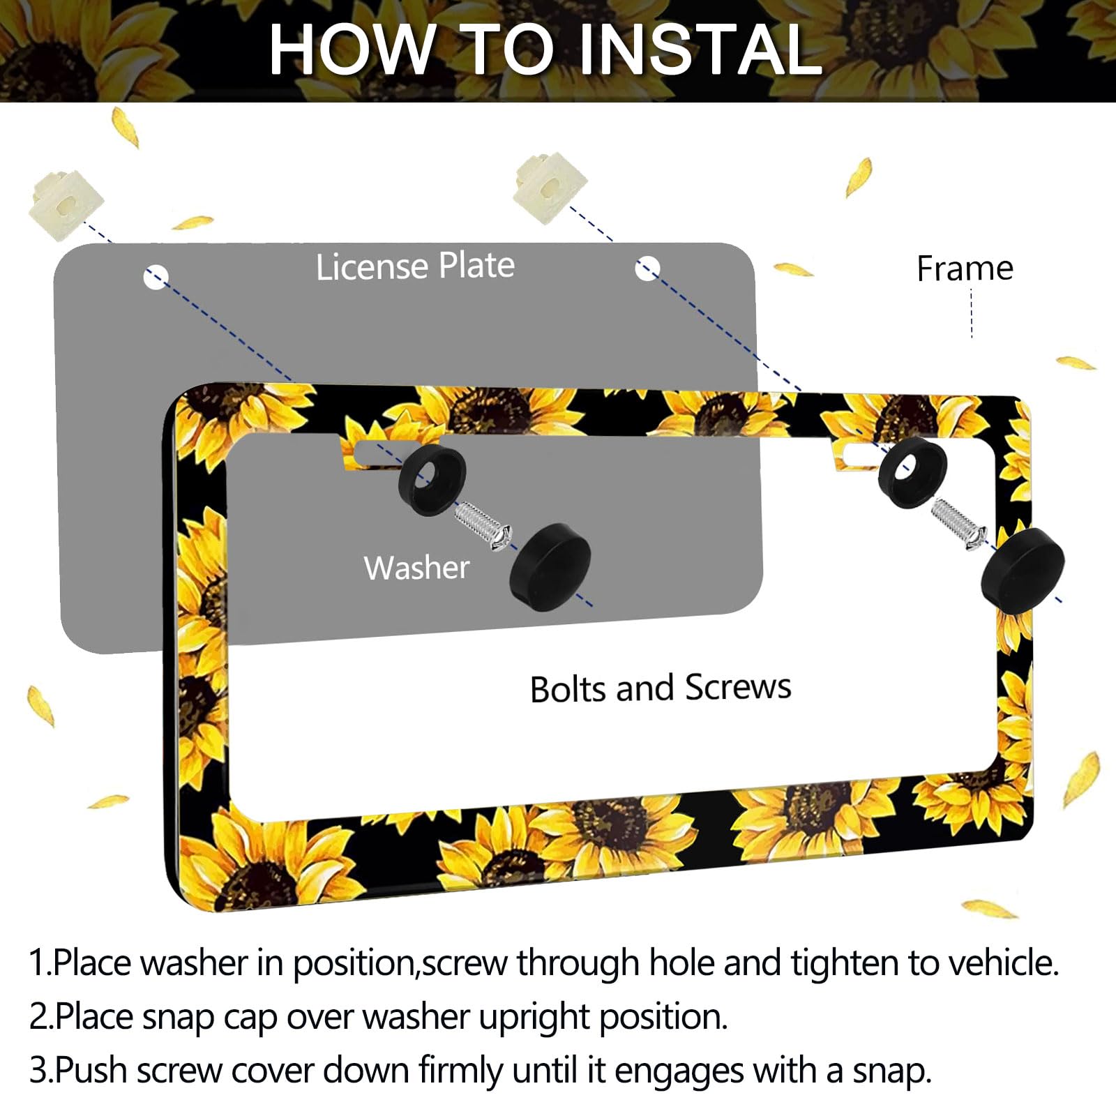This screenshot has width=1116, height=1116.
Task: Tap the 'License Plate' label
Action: coord(415,266)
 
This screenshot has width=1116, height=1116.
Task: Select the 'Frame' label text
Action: coord(965,269)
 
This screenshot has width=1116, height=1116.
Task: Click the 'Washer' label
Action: coord(416,568)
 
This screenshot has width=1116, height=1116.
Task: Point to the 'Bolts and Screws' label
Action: coord(661,688)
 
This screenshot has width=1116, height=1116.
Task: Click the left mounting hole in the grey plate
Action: coord(156,277)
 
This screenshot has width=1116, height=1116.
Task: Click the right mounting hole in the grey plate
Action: coord(647,268)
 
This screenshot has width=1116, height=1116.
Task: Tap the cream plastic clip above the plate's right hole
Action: coord(549,187)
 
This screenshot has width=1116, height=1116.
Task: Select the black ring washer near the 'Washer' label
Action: coord(431,481)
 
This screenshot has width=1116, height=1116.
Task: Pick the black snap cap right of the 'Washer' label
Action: coord(551,566)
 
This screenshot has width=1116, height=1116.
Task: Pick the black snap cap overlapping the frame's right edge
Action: coord(1022,570)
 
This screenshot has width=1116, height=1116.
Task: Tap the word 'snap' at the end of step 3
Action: coord(889,1070)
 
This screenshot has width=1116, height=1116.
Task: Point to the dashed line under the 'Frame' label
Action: coord(972,314)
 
